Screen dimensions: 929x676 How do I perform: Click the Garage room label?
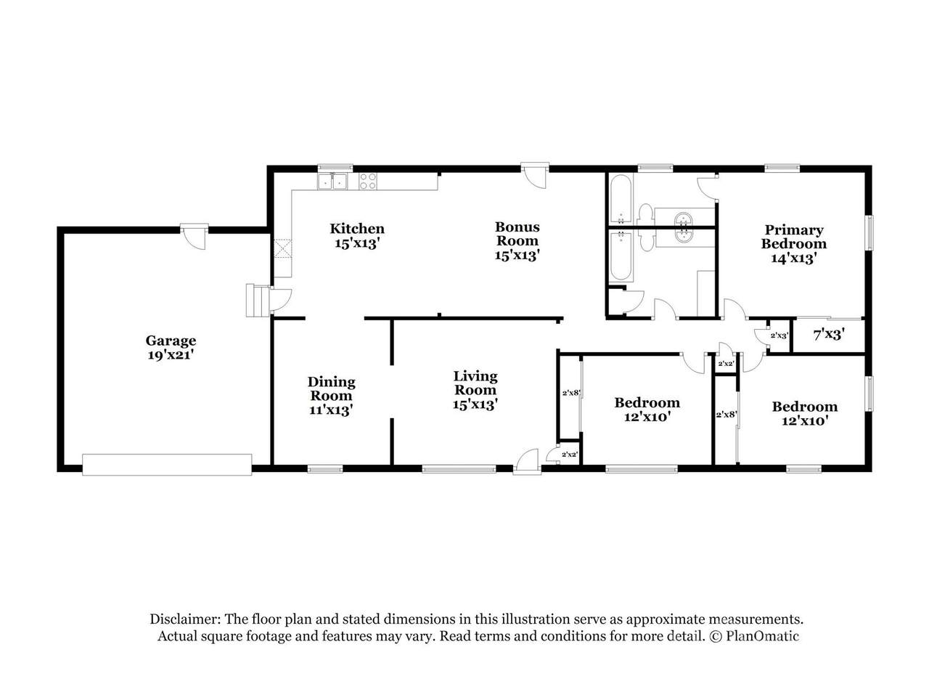tap(171, 341)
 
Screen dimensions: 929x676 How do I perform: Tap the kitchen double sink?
tap(332, 182)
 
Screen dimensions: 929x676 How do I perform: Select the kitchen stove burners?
tap(368, 182)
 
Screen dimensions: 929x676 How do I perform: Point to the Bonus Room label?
tap(517, 234)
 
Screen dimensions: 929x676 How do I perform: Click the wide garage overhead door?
tap(167, 465)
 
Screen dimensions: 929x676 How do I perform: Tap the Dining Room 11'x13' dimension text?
tap(331, 410)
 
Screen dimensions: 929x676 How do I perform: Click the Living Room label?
tap(475, 383)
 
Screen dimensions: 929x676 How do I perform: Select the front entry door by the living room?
tap(527, 462)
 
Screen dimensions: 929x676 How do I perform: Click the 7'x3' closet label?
tap(829, 335)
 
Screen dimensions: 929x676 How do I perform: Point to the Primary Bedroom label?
tap(794, 237)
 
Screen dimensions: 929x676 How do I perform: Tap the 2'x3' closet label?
tap(779, 335)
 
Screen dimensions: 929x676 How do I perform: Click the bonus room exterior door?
tap(535, 176)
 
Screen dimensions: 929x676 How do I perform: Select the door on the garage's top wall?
tap(195, 237)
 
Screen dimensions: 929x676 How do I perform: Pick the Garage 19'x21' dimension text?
tap(171, 355)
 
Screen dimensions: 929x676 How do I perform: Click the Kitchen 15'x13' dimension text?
tap(358, 243)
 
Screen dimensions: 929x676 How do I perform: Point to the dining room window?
tap(325, 469)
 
